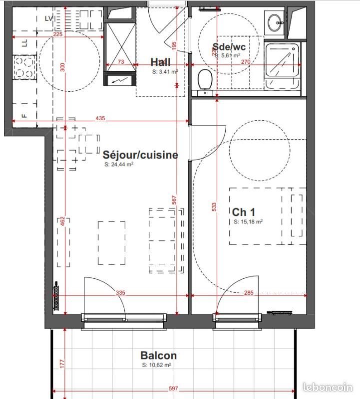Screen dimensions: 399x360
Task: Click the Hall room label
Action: tap(160, 62)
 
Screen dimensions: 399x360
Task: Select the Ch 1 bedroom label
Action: tap(242, 211)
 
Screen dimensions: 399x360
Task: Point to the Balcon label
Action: tap(158, 356)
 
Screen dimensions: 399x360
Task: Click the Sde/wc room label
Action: tap(229, 47)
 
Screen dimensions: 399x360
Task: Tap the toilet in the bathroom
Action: tap(204, 81)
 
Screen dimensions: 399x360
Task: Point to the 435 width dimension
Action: tap(100, 118)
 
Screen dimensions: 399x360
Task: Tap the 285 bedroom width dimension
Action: tap(248, 293)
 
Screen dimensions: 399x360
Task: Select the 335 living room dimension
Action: tap(121, 293)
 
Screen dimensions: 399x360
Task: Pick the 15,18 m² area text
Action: tap(248, 222)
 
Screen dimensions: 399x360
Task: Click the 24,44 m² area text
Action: tap(118, 164)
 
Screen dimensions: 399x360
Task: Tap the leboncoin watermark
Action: tap(328, 387)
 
